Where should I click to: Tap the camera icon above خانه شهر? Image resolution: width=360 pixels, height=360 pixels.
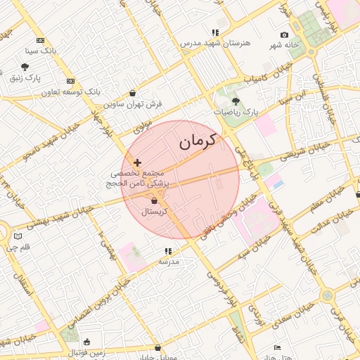tap(284, 35)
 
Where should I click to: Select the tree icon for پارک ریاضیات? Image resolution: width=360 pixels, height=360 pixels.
tap(235, 101)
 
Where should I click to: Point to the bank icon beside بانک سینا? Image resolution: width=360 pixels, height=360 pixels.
tap(41, 41)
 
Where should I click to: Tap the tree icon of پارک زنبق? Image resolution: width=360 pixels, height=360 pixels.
tap(25, 67)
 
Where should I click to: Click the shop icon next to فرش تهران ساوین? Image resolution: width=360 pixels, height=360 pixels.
tap(133, 93)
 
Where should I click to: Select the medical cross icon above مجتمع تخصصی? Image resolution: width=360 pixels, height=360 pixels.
tap(137, 162)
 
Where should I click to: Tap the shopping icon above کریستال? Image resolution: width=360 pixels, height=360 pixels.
tap(154, 201)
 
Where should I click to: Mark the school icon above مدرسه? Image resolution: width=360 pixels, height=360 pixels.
tap(168, 251)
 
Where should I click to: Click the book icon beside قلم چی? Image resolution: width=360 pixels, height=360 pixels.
tap(18, 237)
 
